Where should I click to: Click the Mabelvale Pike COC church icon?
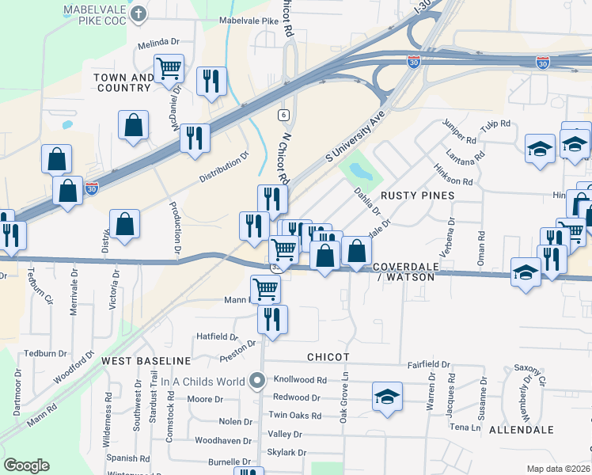click(139, 13)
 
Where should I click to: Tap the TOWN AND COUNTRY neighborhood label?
click(123, 82)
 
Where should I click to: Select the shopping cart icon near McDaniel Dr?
click(169, 68)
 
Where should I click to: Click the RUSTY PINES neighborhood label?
click(418, 195)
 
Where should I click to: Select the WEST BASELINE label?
click(146, 360)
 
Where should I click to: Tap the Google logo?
click(26, 465)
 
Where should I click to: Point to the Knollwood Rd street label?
click(300, 380)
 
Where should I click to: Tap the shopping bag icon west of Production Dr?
click(125, 224)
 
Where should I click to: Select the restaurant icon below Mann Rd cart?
click(272, 320)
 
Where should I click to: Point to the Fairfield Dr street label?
click(428, 365)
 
